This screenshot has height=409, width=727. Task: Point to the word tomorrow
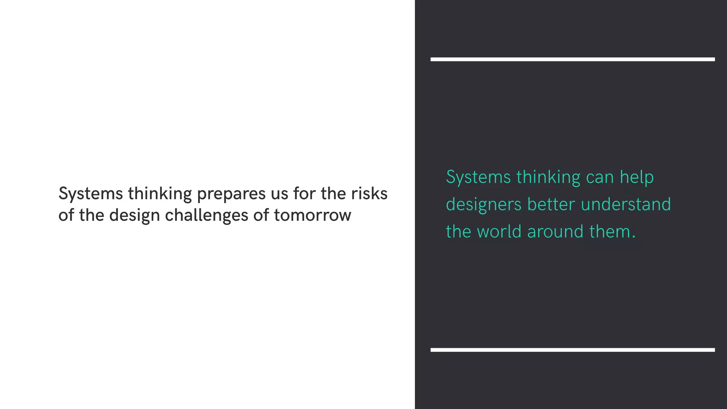[x=312, y=215]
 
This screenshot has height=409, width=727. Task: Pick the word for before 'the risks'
[x=305, y=194]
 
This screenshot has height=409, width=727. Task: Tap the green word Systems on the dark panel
[x=478, y=178]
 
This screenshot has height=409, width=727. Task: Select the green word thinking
[x=548, y=178]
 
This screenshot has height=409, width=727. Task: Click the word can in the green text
[x=600, y=178]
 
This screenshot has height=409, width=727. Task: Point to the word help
[x=637, y=178]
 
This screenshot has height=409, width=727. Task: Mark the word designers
[x=483, y=205]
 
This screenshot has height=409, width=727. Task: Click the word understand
[x=626, y=204]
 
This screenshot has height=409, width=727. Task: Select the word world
[x=499, y=231]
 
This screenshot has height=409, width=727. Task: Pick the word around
[x=555, y=232]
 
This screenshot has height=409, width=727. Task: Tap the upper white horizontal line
[x=572, y=59]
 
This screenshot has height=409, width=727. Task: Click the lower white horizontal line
[x=572, y=350]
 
